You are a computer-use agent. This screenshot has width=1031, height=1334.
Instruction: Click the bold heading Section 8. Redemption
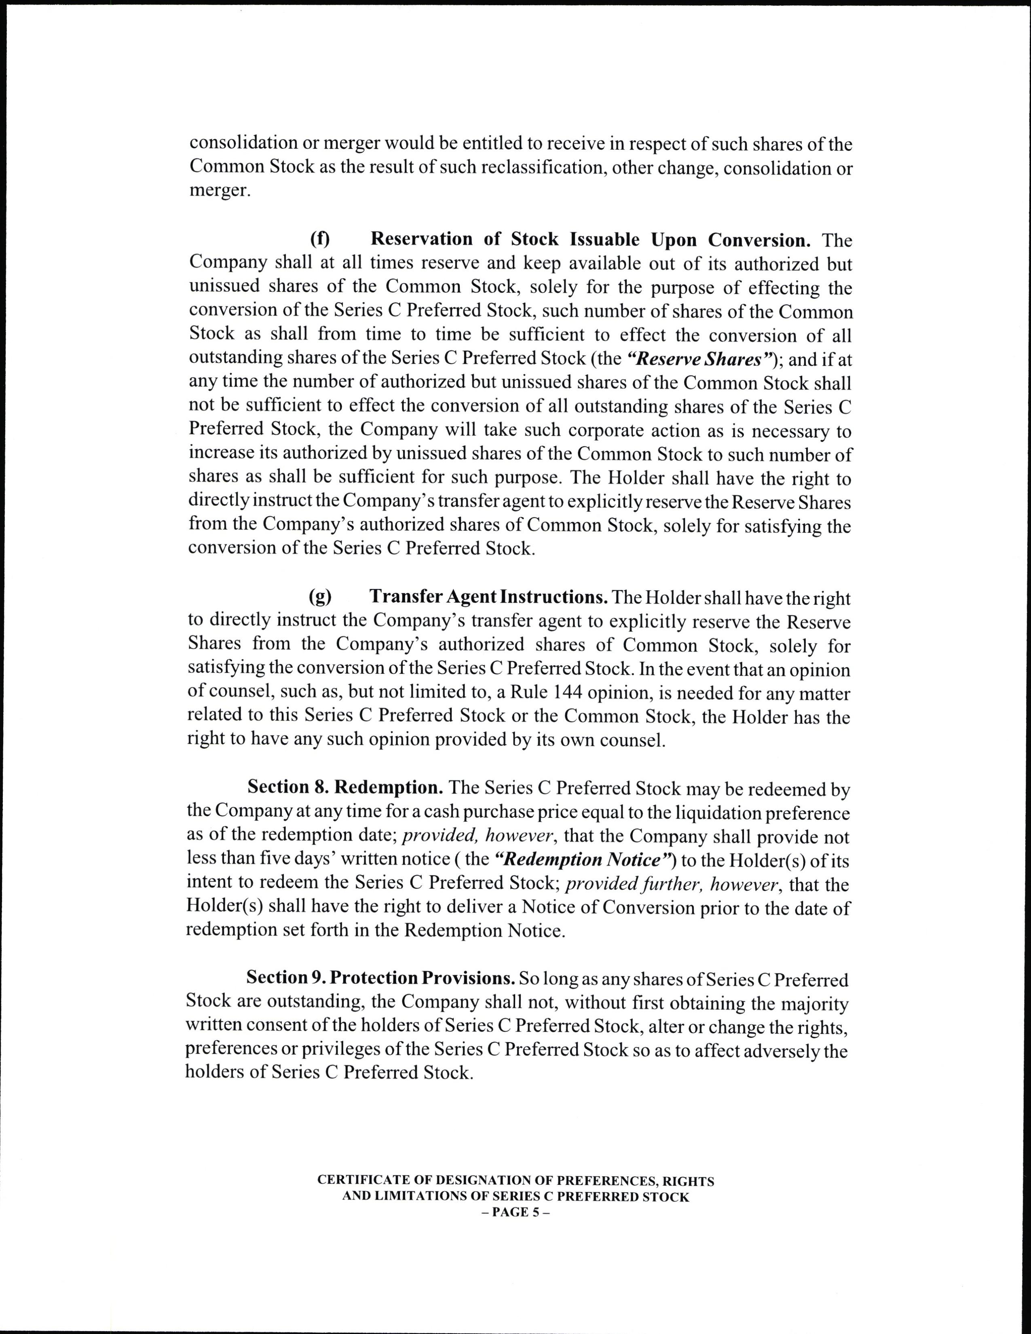pyautogui.click(x=344, y=787)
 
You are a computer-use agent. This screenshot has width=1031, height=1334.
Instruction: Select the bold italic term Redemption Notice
pyautogui.click(x=584, y=859)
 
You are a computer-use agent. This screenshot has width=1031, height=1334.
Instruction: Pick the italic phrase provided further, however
pyautogui.click(x=660, y=884)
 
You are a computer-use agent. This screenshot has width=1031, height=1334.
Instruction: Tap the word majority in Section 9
pyautogui.click(x=813, y=1003)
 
